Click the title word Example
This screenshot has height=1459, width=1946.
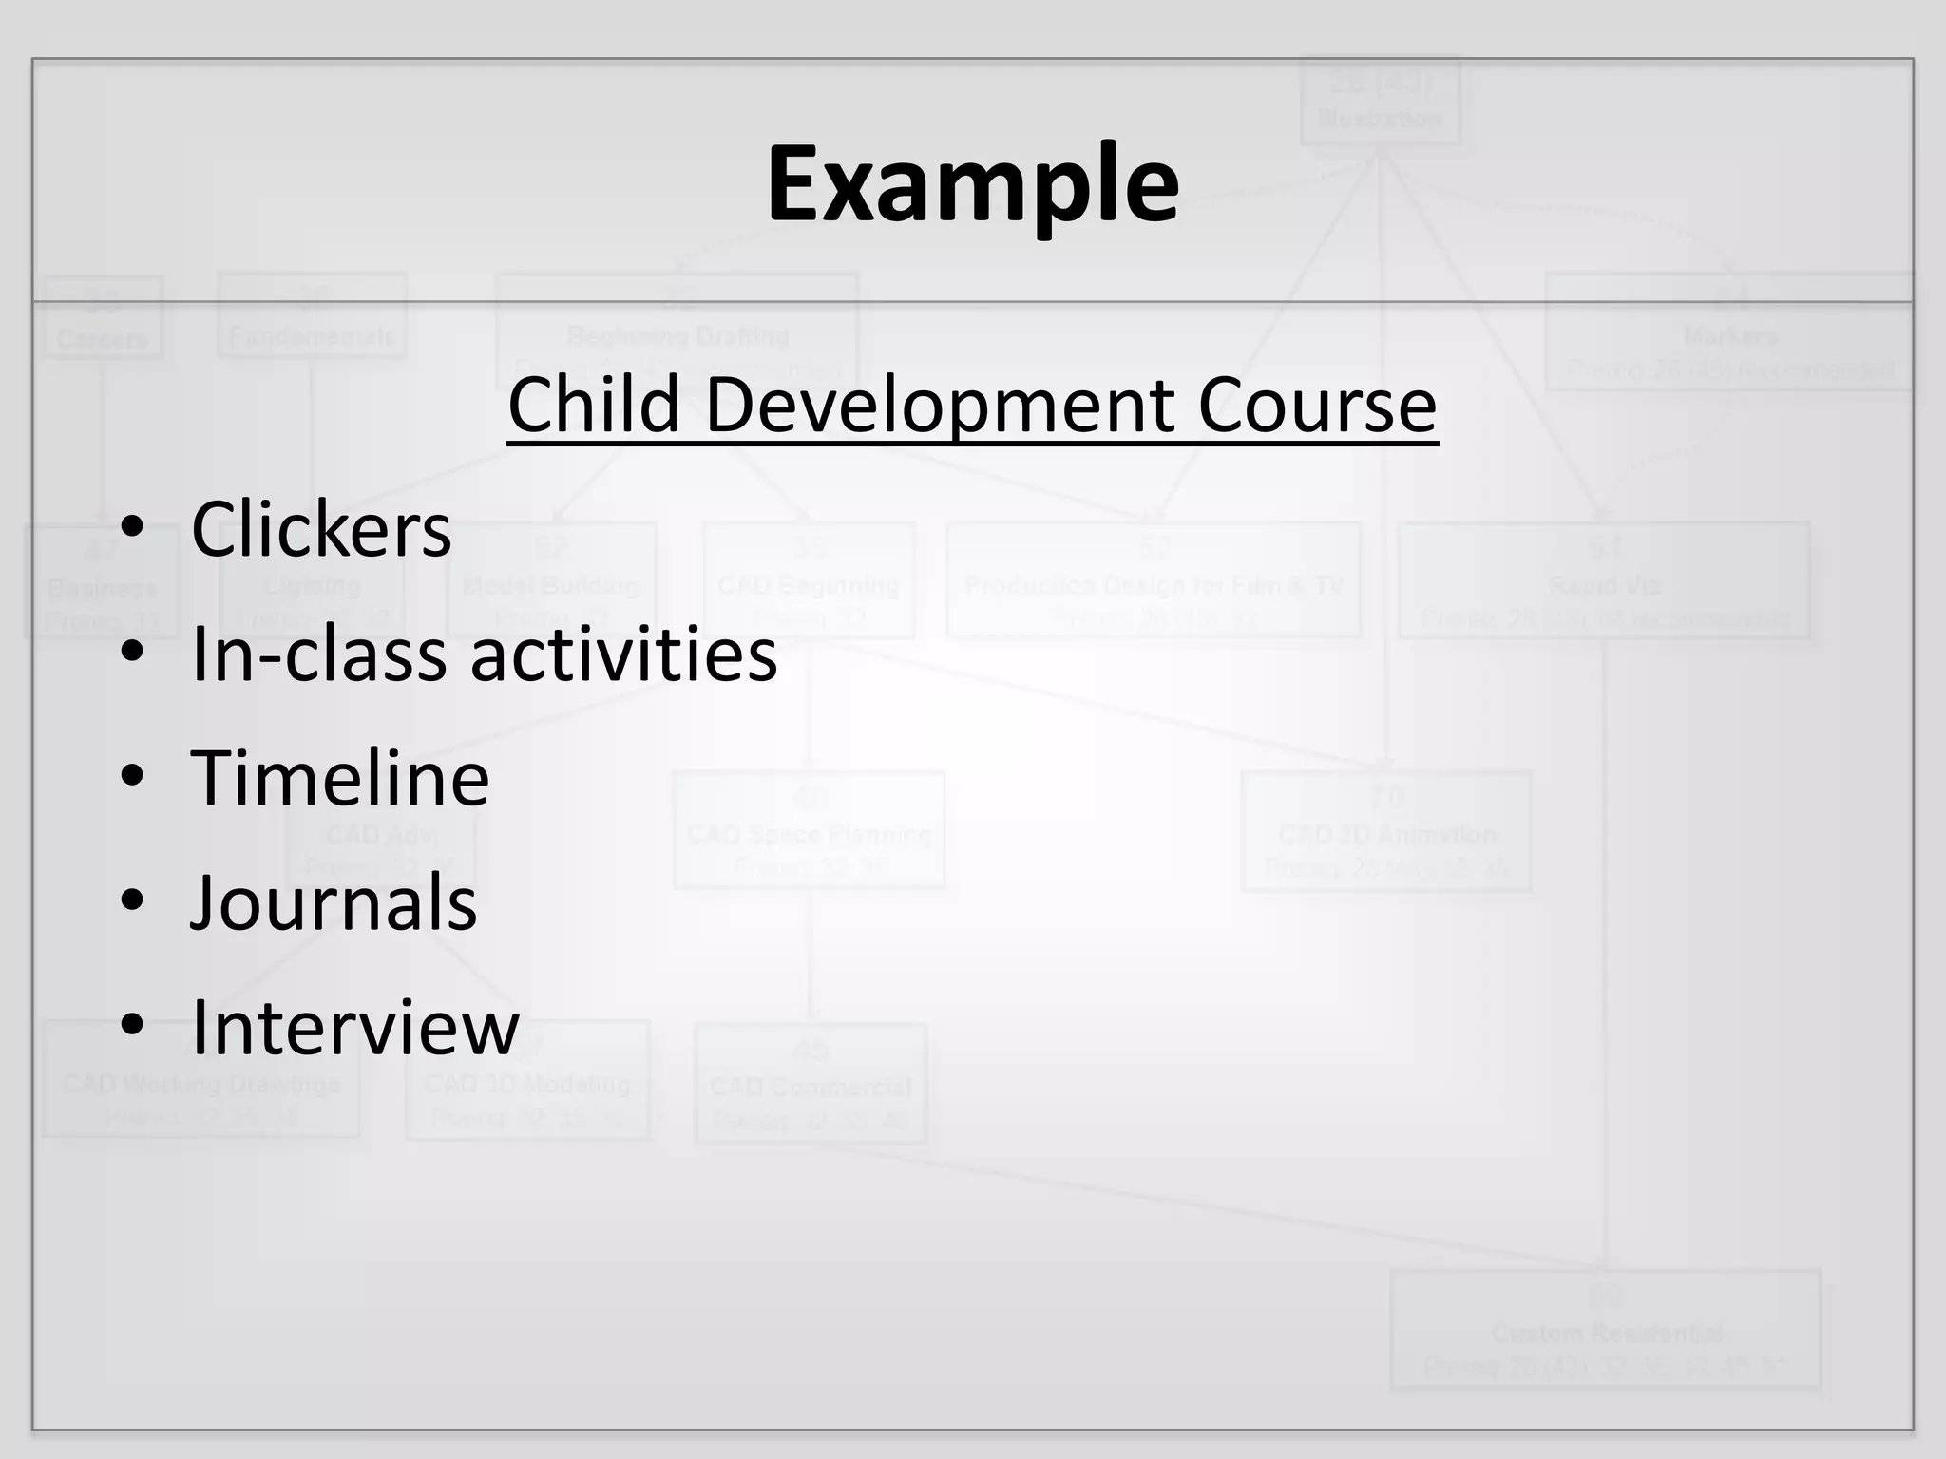tap(972, 184)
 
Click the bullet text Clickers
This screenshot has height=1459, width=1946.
tap(321, 529)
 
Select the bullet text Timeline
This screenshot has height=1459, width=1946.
tap(340, 778)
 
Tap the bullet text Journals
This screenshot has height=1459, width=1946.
tap(334, 902)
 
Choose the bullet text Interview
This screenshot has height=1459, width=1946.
tap(355, 1027)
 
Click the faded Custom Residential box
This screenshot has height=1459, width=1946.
tap(1605, 1330)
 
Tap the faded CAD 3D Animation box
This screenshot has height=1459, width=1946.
tap(1386, 832)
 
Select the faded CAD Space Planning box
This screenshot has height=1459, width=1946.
tap(809, 830)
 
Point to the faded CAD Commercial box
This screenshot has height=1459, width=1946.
tap(811, 1083)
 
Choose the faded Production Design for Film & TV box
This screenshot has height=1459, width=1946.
tap(1154, 579)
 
